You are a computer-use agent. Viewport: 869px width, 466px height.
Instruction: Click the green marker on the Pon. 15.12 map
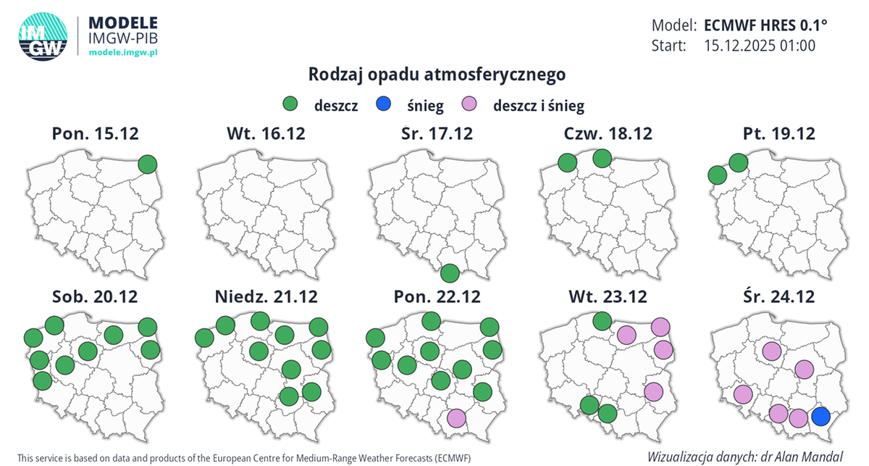(148, 164)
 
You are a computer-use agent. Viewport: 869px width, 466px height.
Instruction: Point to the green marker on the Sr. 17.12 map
(450, 273)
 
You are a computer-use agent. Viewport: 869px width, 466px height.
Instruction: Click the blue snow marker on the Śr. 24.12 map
(820, 417)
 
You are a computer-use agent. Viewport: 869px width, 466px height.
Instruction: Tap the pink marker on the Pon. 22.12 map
(456, 418)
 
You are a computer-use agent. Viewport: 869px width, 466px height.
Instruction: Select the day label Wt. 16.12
(265, 133)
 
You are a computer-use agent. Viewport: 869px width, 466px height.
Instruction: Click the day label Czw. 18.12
(607, 133)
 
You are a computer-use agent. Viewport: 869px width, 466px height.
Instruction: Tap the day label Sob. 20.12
(95, 296)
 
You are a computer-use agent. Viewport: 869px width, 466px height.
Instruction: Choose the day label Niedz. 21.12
(265, 296)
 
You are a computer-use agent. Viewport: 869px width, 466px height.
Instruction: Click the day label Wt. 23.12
(607, 296)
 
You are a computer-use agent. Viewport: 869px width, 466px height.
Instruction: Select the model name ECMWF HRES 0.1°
(765, 25)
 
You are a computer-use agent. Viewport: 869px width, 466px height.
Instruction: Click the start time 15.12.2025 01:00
(760, 46)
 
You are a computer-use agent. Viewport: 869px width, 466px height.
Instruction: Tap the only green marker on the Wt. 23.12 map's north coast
(602, 320)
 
